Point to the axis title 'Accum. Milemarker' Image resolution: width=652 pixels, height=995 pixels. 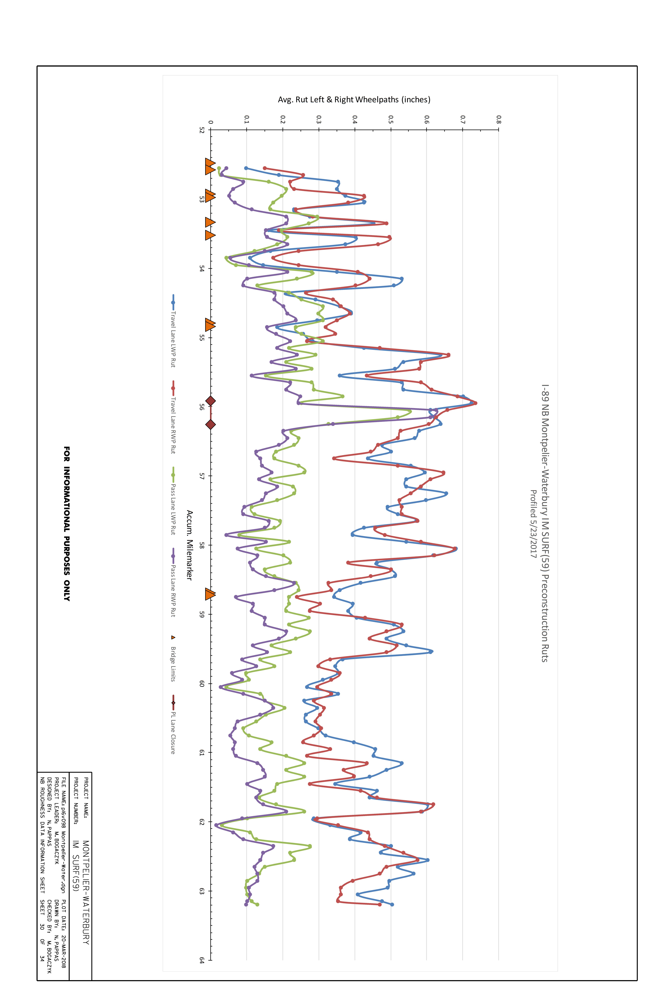[189, 545]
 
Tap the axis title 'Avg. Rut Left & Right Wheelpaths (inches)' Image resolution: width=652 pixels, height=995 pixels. [354, 99]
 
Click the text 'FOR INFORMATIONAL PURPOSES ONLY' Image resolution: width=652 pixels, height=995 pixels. [67, 523]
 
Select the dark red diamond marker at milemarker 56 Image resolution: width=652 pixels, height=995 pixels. [211, 401]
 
